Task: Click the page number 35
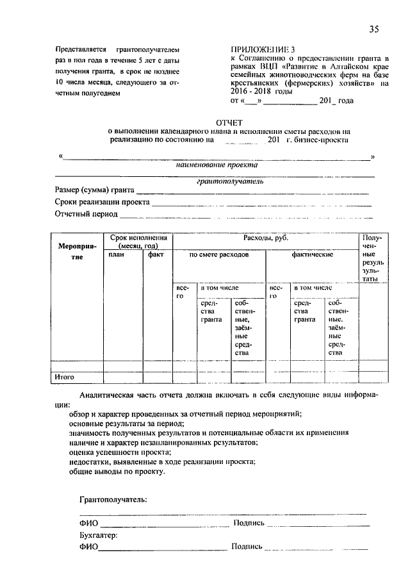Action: (375, 29)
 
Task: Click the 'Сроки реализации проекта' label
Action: (102, 202)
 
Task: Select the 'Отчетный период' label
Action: (86, 213)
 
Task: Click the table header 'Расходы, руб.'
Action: (265, 238)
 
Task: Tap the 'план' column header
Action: (117, 254)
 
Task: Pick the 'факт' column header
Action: (156, 254)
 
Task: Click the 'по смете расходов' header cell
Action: (218, 254)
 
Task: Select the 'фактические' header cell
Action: (312, 254)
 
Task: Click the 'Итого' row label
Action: (65, 377)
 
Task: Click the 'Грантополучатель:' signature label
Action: (113, 498)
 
